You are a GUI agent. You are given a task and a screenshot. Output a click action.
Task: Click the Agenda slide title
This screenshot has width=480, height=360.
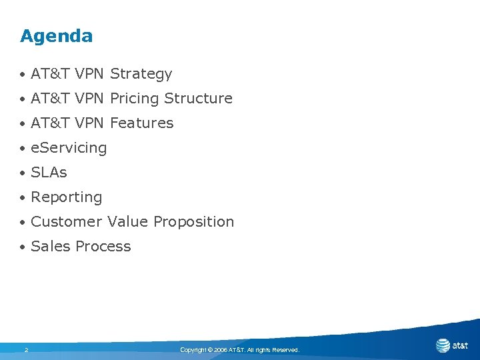[x=57, y=36]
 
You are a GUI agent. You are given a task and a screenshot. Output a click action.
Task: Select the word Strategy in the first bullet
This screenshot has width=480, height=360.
[x=141, y=74]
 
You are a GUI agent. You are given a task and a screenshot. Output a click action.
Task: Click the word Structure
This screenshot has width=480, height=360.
[x=198, y=99]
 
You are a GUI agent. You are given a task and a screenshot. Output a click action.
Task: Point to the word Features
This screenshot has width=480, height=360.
[x=141, y=123]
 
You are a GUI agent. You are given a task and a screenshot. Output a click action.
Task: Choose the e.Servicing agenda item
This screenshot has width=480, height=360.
[x=69, y=148]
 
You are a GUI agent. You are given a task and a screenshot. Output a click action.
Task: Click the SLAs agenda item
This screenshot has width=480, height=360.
[x=49, y=173]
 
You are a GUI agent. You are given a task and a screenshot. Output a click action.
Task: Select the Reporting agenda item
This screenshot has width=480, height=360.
[x=67, y=197]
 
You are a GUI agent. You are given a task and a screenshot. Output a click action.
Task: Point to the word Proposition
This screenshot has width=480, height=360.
[x=193, y=222]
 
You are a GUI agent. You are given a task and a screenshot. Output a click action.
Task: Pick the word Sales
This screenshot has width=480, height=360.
[x=51, y=247]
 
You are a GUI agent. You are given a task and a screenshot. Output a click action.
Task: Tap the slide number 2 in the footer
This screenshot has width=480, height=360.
[x=26, y=349]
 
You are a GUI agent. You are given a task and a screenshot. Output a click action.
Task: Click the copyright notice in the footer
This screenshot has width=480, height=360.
[x=240, y=349]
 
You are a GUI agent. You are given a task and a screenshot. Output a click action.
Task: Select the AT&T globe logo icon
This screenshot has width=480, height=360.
[x=443, y=345]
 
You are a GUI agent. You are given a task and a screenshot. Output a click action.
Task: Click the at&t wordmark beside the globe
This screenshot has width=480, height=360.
[x=460, y=345]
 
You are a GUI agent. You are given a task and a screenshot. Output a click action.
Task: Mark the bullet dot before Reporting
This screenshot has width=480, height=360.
[x=23, y=198]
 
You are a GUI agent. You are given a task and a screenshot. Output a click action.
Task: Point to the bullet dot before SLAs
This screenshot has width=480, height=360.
[x=23, y=173]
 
